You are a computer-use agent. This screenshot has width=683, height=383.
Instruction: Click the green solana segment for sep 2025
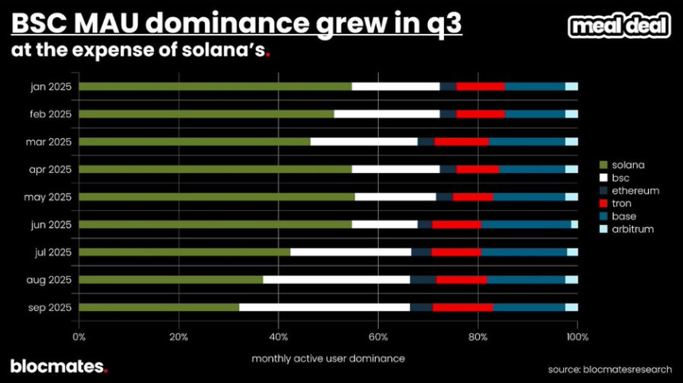tap(159, 307)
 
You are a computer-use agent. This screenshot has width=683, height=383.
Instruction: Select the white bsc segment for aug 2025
tap(337, 279)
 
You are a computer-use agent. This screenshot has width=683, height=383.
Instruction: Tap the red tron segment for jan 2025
tap(480, 86)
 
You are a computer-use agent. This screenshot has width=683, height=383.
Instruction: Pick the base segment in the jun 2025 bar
tap(526, 224)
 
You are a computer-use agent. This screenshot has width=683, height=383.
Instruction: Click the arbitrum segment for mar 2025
tap(571, 141)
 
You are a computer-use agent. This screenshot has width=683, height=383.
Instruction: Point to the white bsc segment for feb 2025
tap(387, 113)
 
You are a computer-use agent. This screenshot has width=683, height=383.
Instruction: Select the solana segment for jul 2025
tap(184, 252)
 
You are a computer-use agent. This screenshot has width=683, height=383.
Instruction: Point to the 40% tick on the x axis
tap(279, 337)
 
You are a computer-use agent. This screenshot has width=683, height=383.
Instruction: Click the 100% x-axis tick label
tap(577, 337)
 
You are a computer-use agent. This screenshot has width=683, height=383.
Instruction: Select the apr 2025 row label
tap(50, 169)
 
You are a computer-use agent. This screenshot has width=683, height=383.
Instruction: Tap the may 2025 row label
tap(49, 197)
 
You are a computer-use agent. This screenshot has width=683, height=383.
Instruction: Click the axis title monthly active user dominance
tap(328, 358)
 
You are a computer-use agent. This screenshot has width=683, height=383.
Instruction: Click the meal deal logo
tap(619, 26)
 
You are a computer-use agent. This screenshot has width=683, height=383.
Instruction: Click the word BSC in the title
tap(37, 23)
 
